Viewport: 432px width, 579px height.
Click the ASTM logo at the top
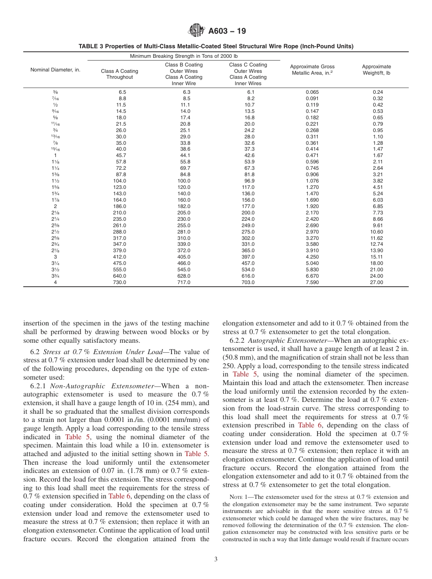point(196,31)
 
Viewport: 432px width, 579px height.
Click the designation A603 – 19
point(227,31)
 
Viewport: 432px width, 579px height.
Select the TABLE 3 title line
point(216,46)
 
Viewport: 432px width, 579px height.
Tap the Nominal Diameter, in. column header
point(55,70)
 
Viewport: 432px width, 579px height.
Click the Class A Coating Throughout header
point(120,74)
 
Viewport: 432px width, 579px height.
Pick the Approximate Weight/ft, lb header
point(376,70)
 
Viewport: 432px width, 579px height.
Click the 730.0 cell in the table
point(120,282)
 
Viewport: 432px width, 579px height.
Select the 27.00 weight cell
point(377,282)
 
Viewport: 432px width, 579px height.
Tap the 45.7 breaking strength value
point(120,155)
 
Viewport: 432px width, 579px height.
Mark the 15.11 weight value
point(377,257)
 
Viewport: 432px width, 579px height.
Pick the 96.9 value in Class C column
point(248,181)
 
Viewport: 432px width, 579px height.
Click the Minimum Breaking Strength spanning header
point(184,56)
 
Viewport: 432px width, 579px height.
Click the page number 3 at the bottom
point(216,559)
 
